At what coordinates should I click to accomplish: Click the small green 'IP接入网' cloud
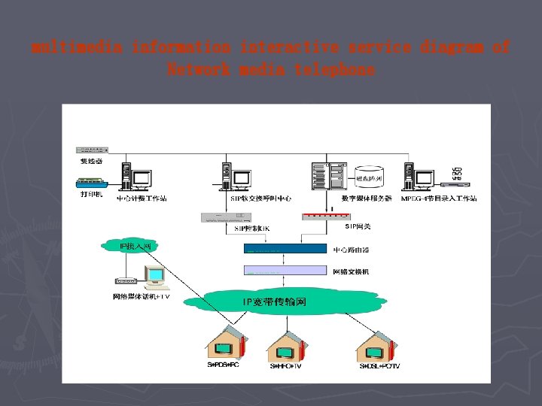click(x=129, y=246)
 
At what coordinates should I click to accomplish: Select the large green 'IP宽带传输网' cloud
click(x=274, y=302)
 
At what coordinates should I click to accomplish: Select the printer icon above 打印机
click(x=91, y=183)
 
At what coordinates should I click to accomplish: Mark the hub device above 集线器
click(x=92, y=150)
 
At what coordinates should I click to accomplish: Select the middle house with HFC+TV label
click(x=287, y=346)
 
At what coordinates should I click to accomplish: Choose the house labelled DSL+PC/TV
click(x=376, y=346)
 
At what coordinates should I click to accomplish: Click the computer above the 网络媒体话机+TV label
click(x=154, y=278)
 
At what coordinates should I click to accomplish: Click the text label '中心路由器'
click(x=351, y=249)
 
